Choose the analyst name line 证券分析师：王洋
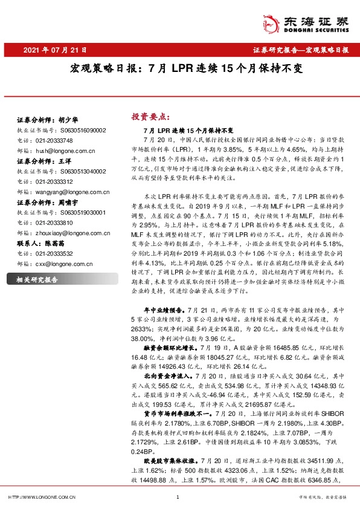click(40, 162)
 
